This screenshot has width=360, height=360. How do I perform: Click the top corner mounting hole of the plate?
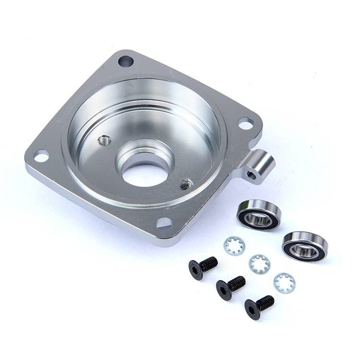tap(125, 62)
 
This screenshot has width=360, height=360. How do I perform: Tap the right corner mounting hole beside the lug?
tap(246, 123)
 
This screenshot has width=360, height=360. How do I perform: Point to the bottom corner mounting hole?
tap(164, 223)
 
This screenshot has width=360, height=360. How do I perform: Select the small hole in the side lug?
tap(252, 175)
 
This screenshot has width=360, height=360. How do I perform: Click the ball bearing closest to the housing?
tap(258, 215)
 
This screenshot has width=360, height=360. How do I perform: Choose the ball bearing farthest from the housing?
tap(305, 246)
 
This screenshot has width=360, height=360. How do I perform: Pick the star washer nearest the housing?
tap(234, 246)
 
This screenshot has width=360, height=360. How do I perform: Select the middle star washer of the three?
tap(259, 264)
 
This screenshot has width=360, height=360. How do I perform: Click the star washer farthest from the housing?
tap(284, 282)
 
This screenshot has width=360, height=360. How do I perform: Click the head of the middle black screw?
tap(224, 290)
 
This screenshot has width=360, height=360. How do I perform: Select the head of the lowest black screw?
tap(253, 308)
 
